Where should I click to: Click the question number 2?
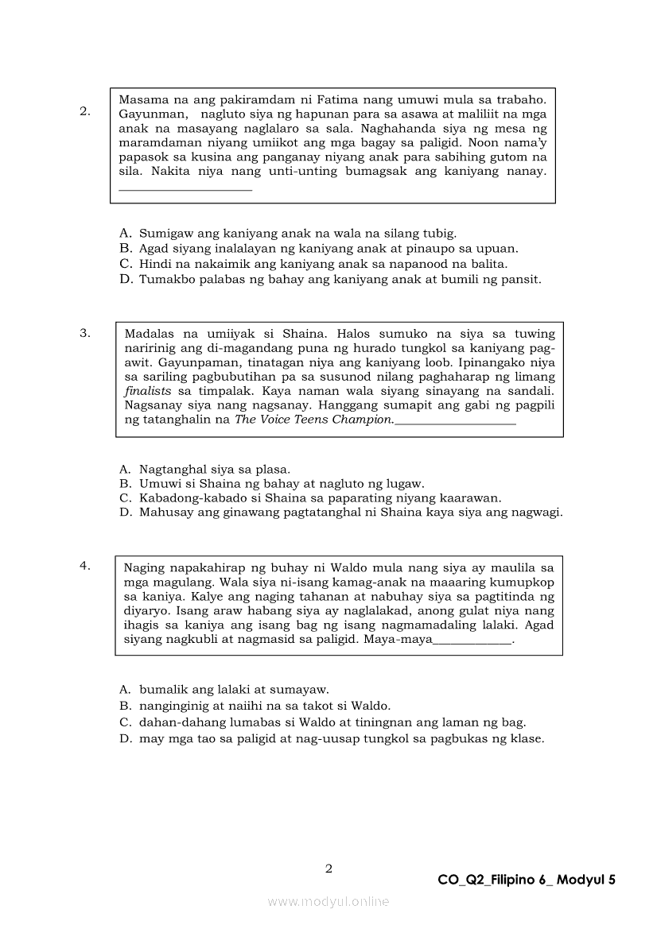tap(84, 111)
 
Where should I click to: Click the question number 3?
tap(84, 333)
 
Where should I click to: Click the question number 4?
tap(84, 566)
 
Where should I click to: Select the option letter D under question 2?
tap(125, 279)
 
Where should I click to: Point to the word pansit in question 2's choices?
tap(523, 279)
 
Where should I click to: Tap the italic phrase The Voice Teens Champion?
tap(313, 420)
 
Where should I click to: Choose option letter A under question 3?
tap(125, 469)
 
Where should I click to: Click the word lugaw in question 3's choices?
tap(407, 483)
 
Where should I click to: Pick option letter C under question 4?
tap(125, 722)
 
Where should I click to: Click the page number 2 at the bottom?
tap(328, 869)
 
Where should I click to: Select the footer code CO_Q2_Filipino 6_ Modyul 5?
tap(527, 880)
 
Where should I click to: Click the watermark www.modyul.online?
tap(328, 901)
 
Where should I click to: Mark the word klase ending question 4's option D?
tap(524, 738)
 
